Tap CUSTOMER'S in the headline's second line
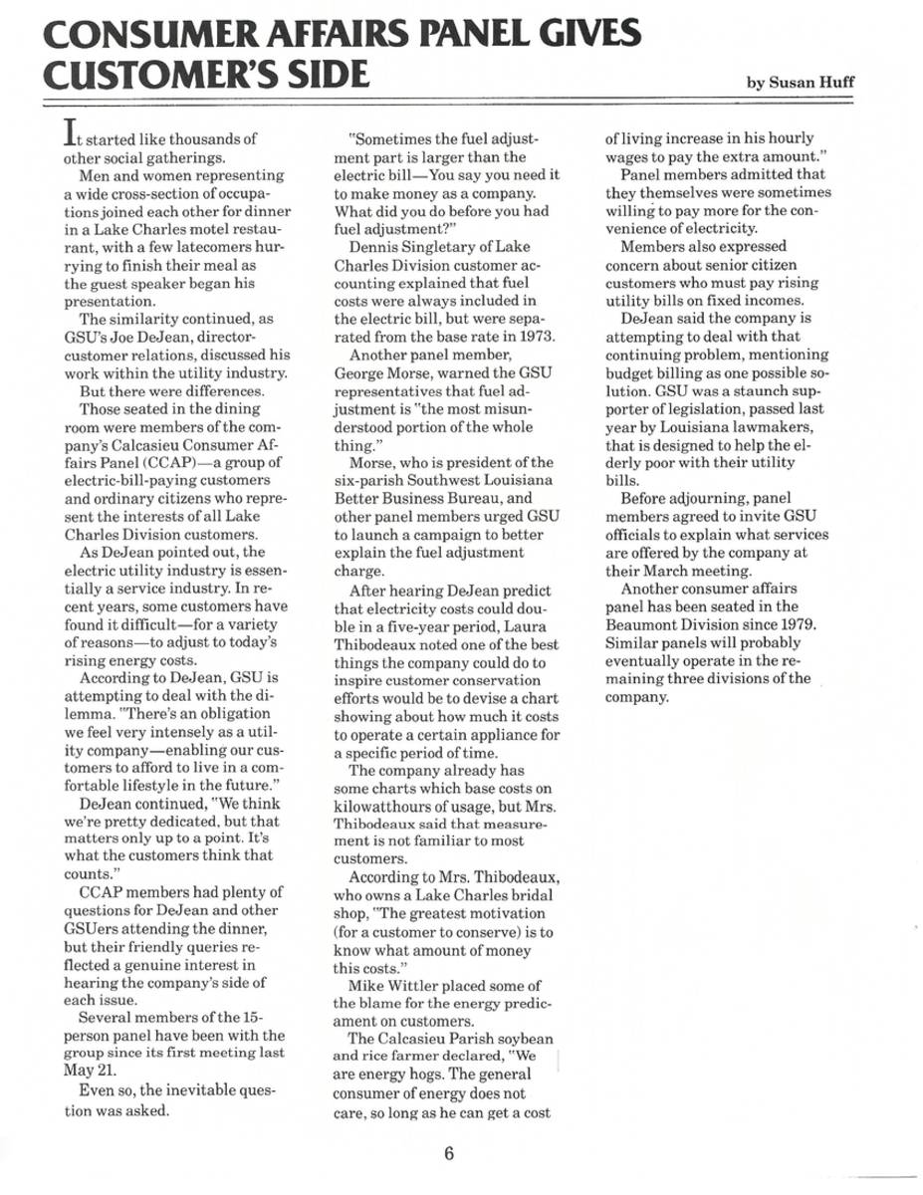[x=133, y=78]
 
